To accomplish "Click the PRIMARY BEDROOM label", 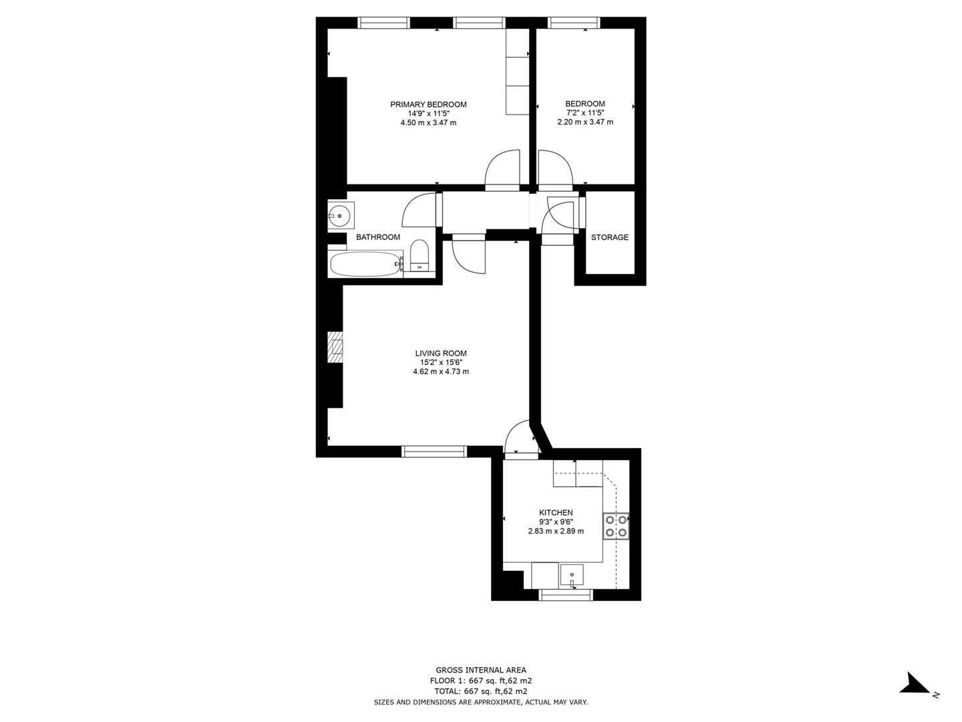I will click(x=428, y=104).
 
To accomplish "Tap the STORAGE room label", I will click(x=609, y=237).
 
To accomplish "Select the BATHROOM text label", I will click(x=378, y=237).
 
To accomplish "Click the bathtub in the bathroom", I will click(x=365, y=263).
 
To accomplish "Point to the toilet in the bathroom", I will click(x=419, y=257).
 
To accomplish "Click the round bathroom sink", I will click(x=340, y=216).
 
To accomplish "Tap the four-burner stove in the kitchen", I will click(x=616, y=525).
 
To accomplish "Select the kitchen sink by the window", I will click(x=572, y=574).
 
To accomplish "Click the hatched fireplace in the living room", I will click(x=335, y=347).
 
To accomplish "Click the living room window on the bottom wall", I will click(x=434, y=452).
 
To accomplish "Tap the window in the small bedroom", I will click(x=574, y=23).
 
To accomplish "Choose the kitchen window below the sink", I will click(x=565, y=594).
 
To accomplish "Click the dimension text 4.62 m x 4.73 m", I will click(x=441, y=372).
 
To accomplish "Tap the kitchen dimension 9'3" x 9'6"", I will click(x=556, y=522).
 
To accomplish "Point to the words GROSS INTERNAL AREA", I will click(x=480, y=670).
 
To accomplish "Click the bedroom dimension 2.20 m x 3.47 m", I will click(x=585, y=122).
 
